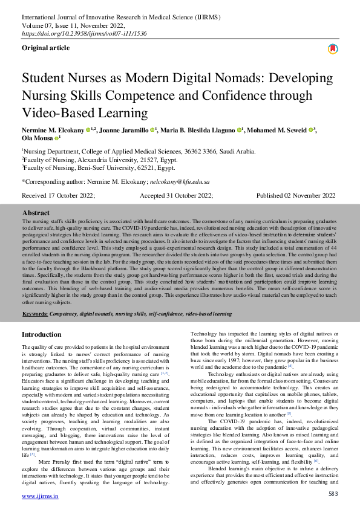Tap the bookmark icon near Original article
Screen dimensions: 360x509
332,49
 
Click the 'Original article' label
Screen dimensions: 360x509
47,47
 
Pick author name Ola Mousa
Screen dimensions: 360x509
37,138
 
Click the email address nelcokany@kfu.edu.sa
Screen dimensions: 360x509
181,181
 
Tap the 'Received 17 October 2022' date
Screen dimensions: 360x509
58,196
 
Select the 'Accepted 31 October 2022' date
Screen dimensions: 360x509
176,196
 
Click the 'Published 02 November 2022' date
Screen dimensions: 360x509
296,196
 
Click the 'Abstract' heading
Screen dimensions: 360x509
36,213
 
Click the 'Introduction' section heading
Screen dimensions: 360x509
42,334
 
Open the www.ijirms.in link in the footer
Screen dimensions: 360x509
40,496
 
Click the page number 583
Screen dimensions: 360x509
333,494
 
